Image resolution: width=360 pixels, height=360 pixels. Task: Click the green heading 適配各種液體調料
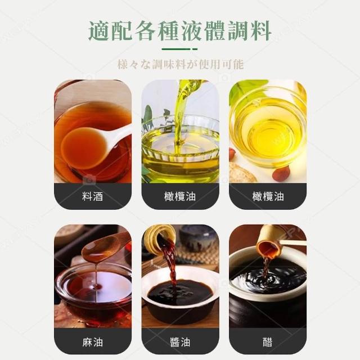(180, 31)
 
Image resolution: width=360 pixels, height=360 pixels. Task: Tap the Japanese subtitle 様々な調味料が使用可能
(181, 64)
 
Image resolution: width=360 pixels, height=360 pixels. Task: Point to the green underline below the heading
(179, 49)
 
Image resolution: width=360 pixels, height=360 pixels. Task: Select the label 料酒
(92, 196)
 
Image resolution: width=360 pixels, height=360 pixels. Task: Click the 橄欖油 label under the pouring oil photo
(180, 196)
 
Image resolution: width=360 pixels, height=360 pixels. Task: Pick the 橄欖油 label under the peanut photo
(268, 196)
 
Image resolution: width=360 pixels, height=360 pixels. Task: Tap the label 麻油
(92, 343)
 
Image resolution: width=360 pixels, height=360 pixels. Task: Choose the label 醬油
(180, 343)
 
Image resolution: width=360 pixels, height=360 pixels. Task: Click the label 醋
(268, 343)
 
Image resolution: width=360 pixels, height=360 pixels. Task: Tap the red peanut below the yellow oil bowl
(281, 173)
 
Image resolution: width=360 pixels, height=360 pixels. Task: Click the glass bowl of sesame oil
(94, 291)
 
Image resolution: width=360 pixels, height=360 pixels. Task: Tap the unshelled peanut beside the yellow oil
(242, 173)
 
